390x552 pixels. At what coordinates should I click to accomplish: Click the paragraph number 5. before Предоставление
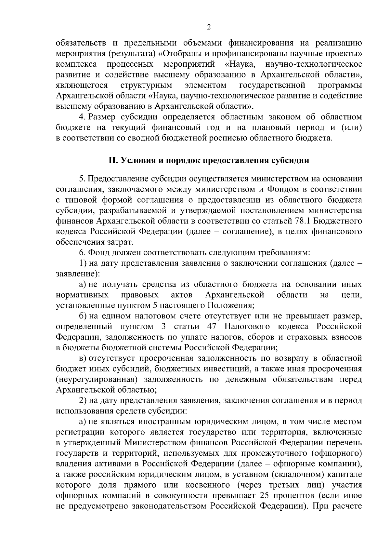tap(82, 179)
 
